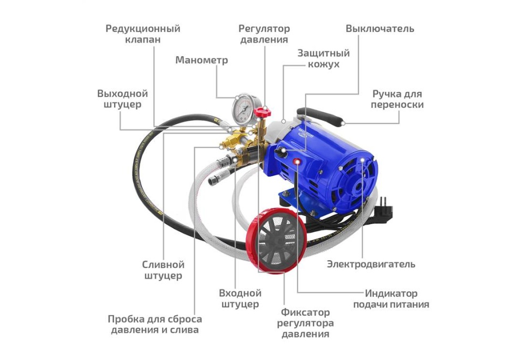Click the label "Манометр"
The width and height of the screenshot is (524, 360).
(x=201, y=60)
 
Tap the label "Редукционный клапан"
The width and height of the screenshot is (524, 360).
(x=143, y=34)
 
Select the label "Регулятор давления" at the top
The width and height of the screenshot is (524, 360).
(x=264, y=34)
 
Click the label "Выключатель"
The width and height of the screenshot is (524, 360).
(x=380, y=28)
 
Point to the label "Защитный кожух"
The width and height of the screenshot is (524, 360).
(x=323, y=59)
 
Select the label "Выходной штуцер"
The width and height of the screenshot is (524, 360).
(x=122, y=99)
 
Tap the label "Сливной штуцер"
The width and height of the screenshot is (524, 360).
(x=163, y=270)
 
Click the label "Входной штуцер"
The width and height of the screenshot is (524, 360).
(x=240, y=298)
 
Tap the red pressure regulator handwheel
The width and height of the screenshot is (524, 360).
(x=265, y=113)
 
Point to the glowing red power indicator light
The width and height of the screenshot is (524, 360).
(x=297, y=161)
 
